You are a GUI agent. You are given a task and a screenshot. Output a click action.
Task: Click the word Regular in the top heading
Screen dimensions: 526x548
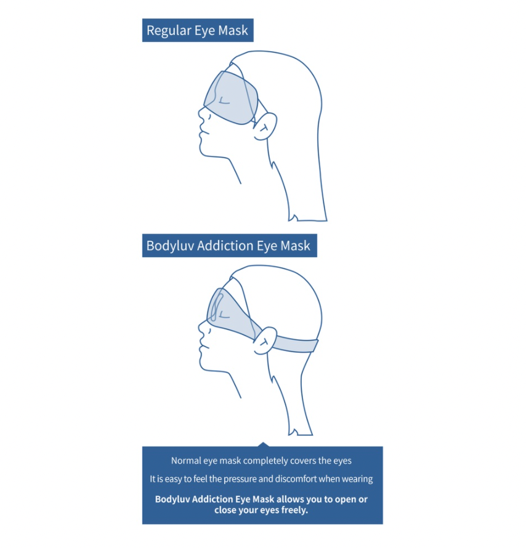click(x=169, y=31)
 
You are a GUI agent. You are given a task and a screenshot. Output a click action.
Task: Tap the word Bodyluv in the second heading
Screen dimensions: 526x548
click(x=170, y=246)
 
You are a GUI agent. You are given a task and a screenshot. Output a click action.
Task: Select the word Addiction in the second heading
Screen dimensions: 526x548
click(x=225, y=246)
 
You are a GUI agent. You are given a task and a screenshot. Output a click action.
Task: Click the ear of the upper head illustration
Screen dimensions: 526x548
click(x=265, y=126)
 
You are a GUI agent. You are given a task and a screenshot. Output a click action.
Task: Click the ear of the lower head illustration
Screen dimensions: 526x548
click(x=265, y=340)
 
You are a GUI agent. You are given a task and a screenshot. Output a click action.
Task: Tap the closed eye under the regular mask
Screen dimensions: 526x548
click(x=224, y=102)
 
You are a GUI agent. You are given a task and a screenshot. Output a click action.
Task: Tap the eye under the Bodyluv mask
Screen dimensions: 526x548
click(x=224, y=316)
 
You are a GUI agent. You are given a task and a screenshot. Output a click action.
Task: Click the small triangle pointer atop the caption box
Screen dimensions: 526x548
click(x=263, y=445)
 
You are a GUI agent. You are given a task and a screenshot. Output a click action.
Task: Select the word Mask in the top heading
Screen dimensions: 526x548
click(x=233, y=31)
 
